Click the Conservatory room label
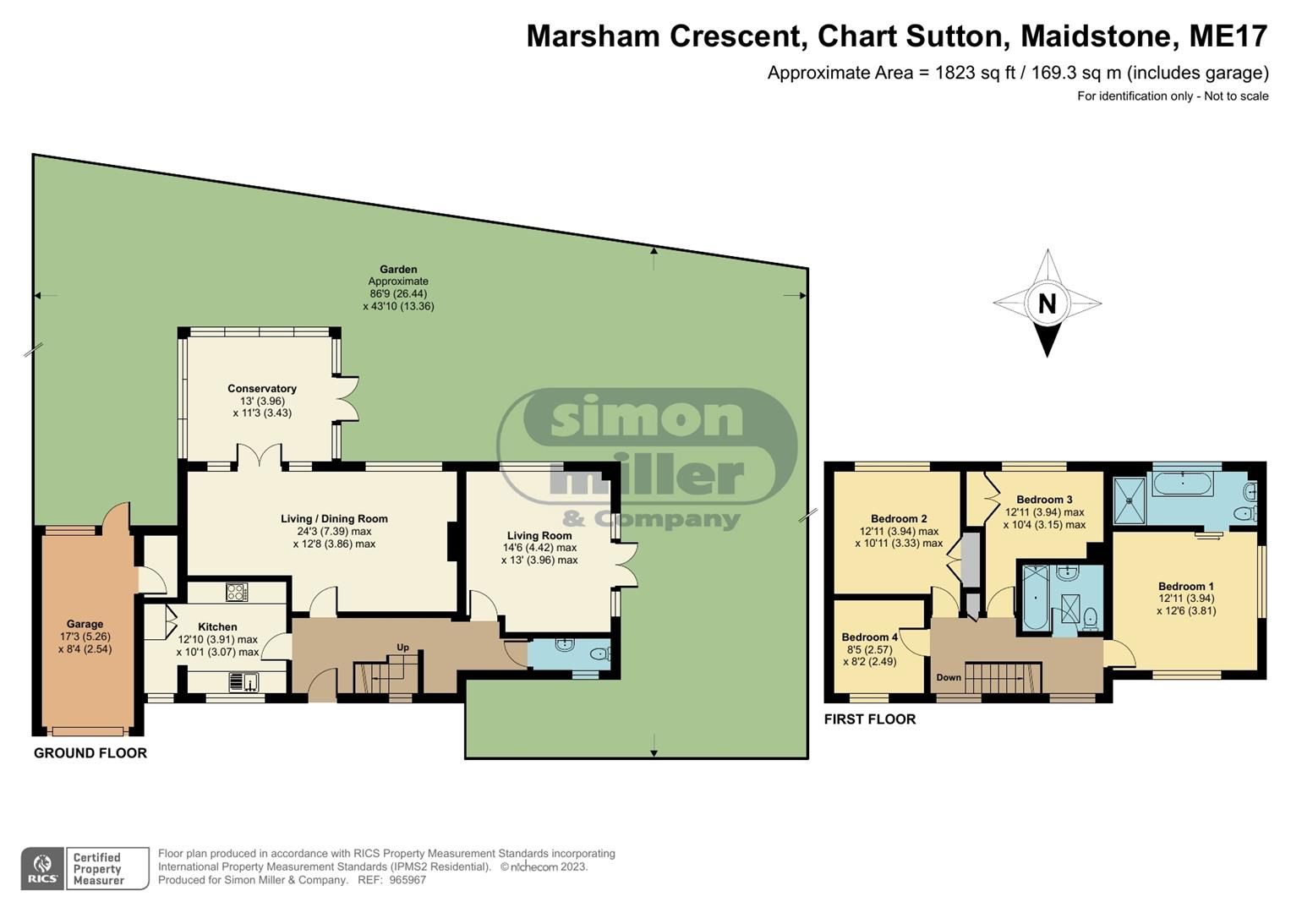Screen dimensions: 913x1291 [261, 389]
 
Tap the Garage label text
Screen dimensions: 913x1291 [85, 624]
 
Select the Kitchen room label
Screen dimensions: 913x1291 [217, 627]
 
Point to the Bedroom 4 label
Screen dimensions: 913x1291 [870, 637]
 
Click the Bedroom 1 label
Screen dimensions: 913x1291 [1185, 586]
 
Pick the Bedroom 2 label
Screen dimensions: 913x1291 [899, 519]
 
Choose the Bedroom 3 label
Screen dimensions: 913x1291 [1044, 500]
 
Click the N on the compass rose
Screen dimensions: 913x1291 [1047, 303]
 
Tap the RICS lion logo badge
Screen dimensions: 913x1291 [41, 868]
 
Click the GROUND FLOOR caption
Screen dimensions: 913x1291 [90, 753]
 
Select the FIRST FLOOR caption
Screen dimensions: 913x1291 [870, 719]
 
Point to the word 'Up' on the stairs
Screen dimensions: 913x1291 [402, 648]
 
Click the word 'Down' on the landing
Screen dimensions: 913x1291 [949, 677]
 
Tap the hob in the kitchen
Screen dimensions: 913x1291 [237, 593]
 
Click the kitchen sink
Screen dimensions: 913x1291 [243, 681]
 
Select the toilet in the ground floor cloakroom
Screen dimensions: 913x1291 [599, 653]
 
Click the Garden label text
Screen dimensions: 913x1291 [398, 270]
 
